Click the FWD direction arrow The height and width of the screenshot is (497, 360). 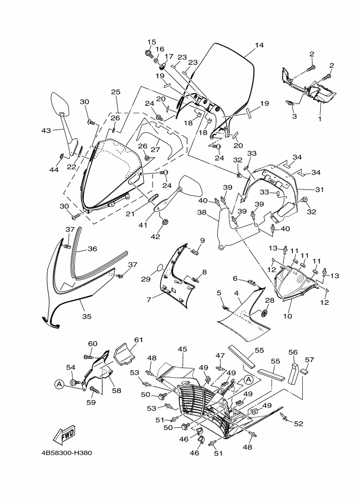(x=64, y=433)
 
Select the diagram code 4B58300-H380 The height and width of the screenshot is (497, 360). (x=66, y=452)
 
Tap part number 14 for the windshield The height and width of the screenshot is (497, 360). (x=259, y=45)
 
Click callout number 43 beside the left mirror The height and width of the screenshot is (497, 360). (x=46, y=130)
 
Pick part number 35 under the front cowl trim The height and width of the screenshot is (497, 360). (x=87, y=316)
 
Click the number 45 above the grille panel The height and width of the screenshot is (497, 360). (x=182, y=349)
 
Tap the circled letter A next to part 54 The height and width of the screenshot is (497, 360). (x=59, y=384)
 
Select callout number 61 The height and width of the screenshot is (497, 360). (x=138, y=340)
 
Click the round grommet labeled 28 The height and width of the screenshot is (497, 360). (x=265, y=313)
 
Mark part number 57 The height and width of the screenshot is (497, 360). (x=309, y=359)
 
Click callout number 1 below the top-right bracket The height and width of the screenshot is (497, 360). (x=320, y=119)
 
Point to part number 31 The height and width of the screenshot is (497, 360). (x=319, y=189)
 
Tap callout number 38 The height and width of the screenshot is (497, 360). (x=202, y=213)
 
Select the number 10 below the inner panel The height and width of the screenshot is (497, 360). (x=288, y=316)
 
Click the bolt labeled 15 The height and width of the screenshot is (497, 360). (x=149, y=53)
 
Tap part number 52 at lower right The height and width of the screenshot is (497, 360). (x=298, y=424)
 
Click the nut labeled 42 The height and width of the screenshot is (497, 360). (x=165, y=222)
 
